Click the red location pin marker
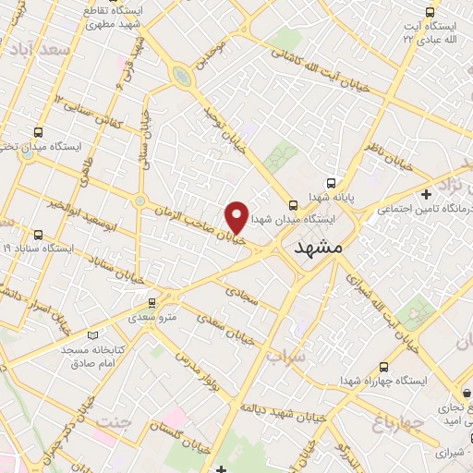(237, 216)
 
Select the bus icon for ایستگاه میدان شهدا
(292, 205)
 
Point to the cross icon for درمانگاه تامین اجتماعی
(425, 194)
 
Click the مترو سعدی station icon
(153, 303)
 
